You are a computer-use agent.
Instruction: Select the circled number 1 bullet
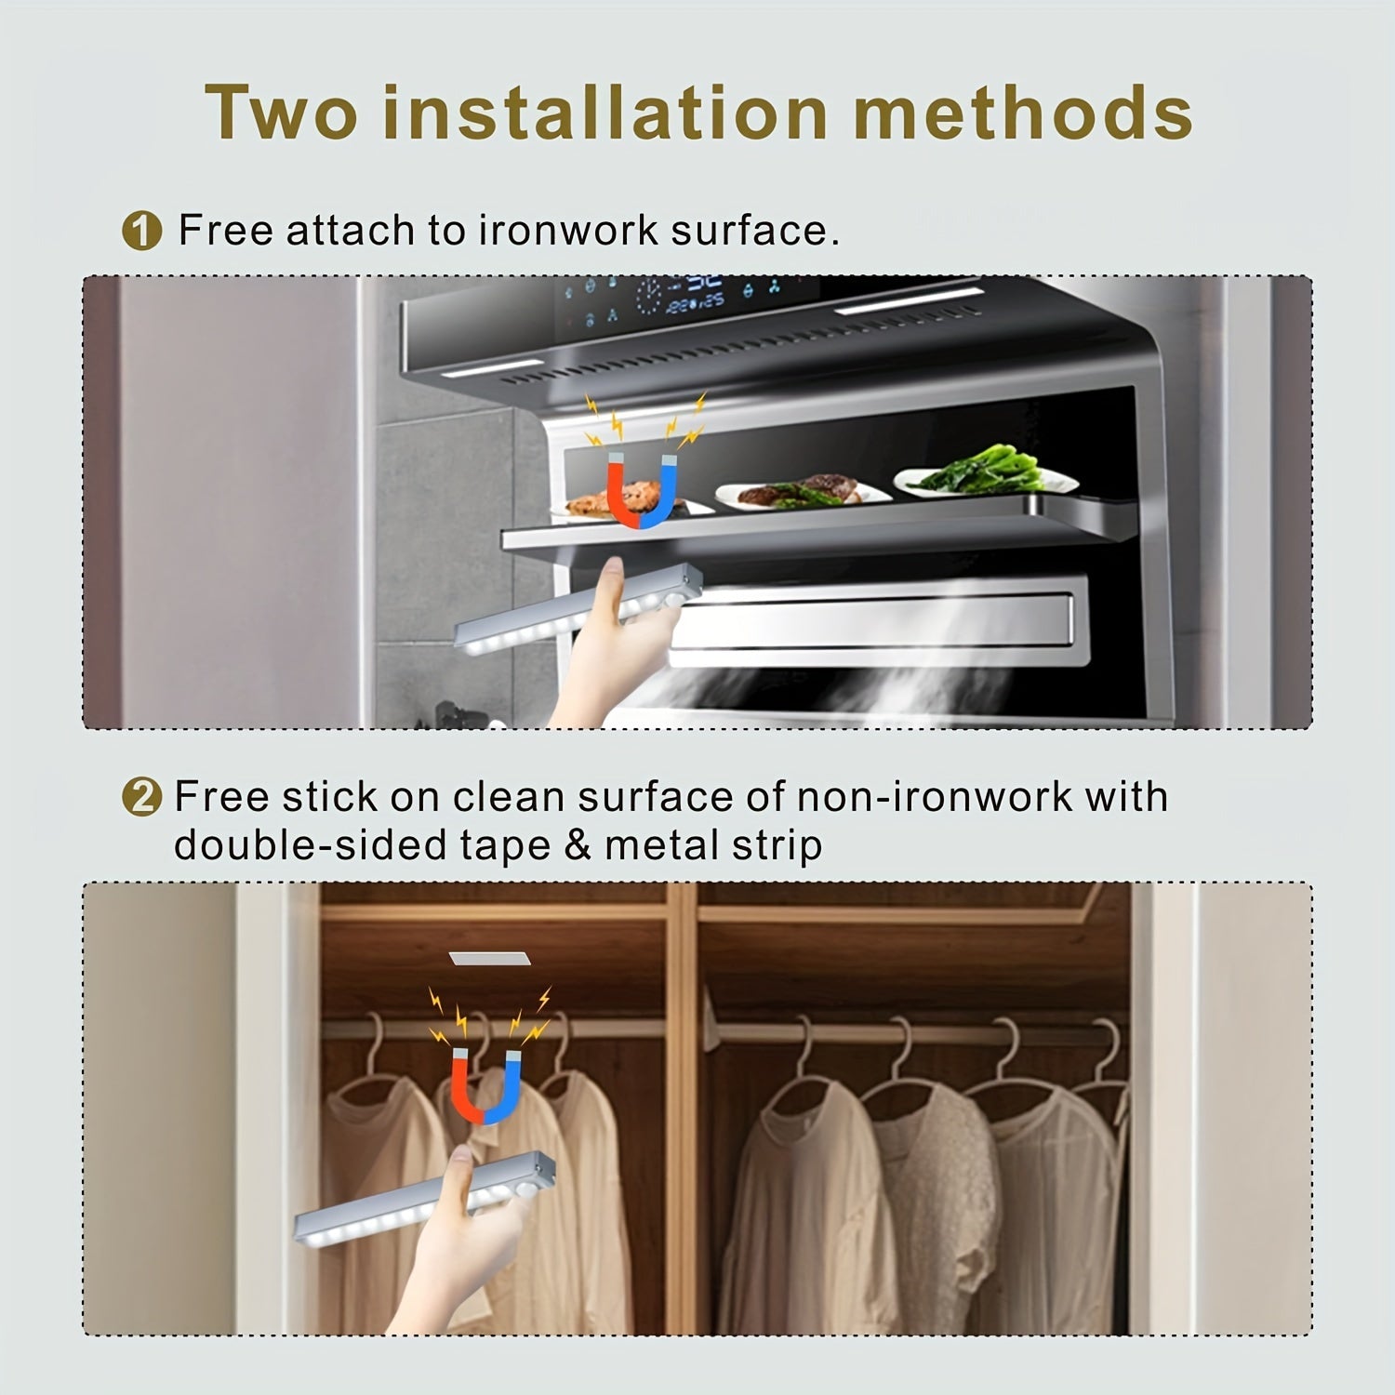click(x=141, y=231)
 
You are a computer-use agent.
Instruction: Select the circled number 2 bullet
click(x=141, y=798)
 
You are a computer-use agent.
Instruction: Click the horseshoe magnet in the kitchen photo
click(x=642, y=488)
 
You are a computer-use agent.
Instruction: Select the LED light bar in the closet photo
click(x=418, y=1200)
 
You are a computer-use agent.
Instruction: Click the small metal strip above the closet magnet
click(x=489, y=958)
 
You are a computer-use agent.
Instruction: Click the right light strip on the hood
click(x=907, y=303)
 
